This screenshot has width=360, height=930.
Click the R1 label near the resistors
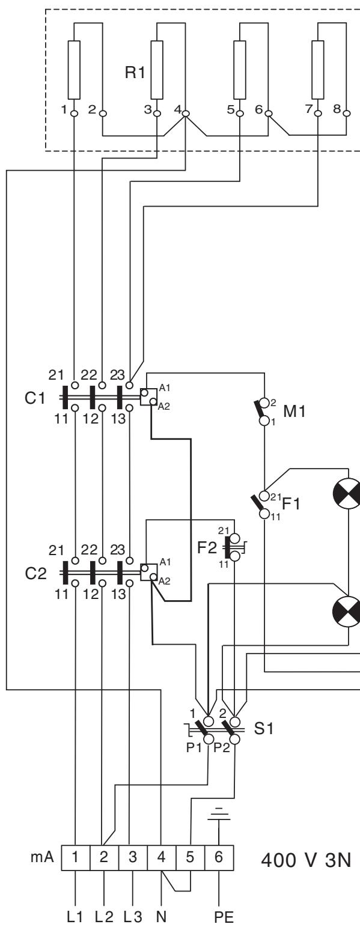coord(135,73)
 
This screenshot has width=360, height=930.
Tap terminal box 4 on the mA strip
coord(162,857)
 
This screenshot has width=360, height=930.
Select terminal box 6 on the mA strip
coord(219,857)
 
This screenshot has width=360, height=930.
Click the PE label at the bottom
coord(224,916)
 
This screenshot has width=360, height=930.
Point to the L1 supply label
coord(75,916)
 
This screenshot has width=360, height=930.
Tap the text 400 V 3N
coord(306,860)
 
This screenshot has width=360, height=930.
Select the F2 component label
coord(207,548)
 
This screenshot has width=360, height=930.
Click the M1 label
coord(294,411)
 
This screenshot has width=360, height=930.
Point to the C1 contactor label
coord(34,398)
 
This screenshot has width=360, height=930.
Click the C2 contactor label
coord(35,574)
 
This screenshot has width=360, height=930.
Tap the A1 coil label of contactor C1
coord(165,387)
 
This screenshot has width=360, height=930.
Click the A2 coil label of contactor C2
coord(165,582)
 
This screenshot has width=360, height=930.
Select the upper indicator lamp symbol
coord(347,493)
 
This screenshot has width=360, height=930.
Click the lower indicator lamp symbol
coord(347,612)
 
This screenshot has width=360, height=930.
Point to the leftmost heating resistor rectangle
coord(74,70)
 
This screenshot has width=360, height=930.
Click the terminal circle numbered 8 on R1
coord(346,113)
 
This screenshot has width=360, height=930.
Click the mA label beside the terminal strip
coord(42,857)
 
